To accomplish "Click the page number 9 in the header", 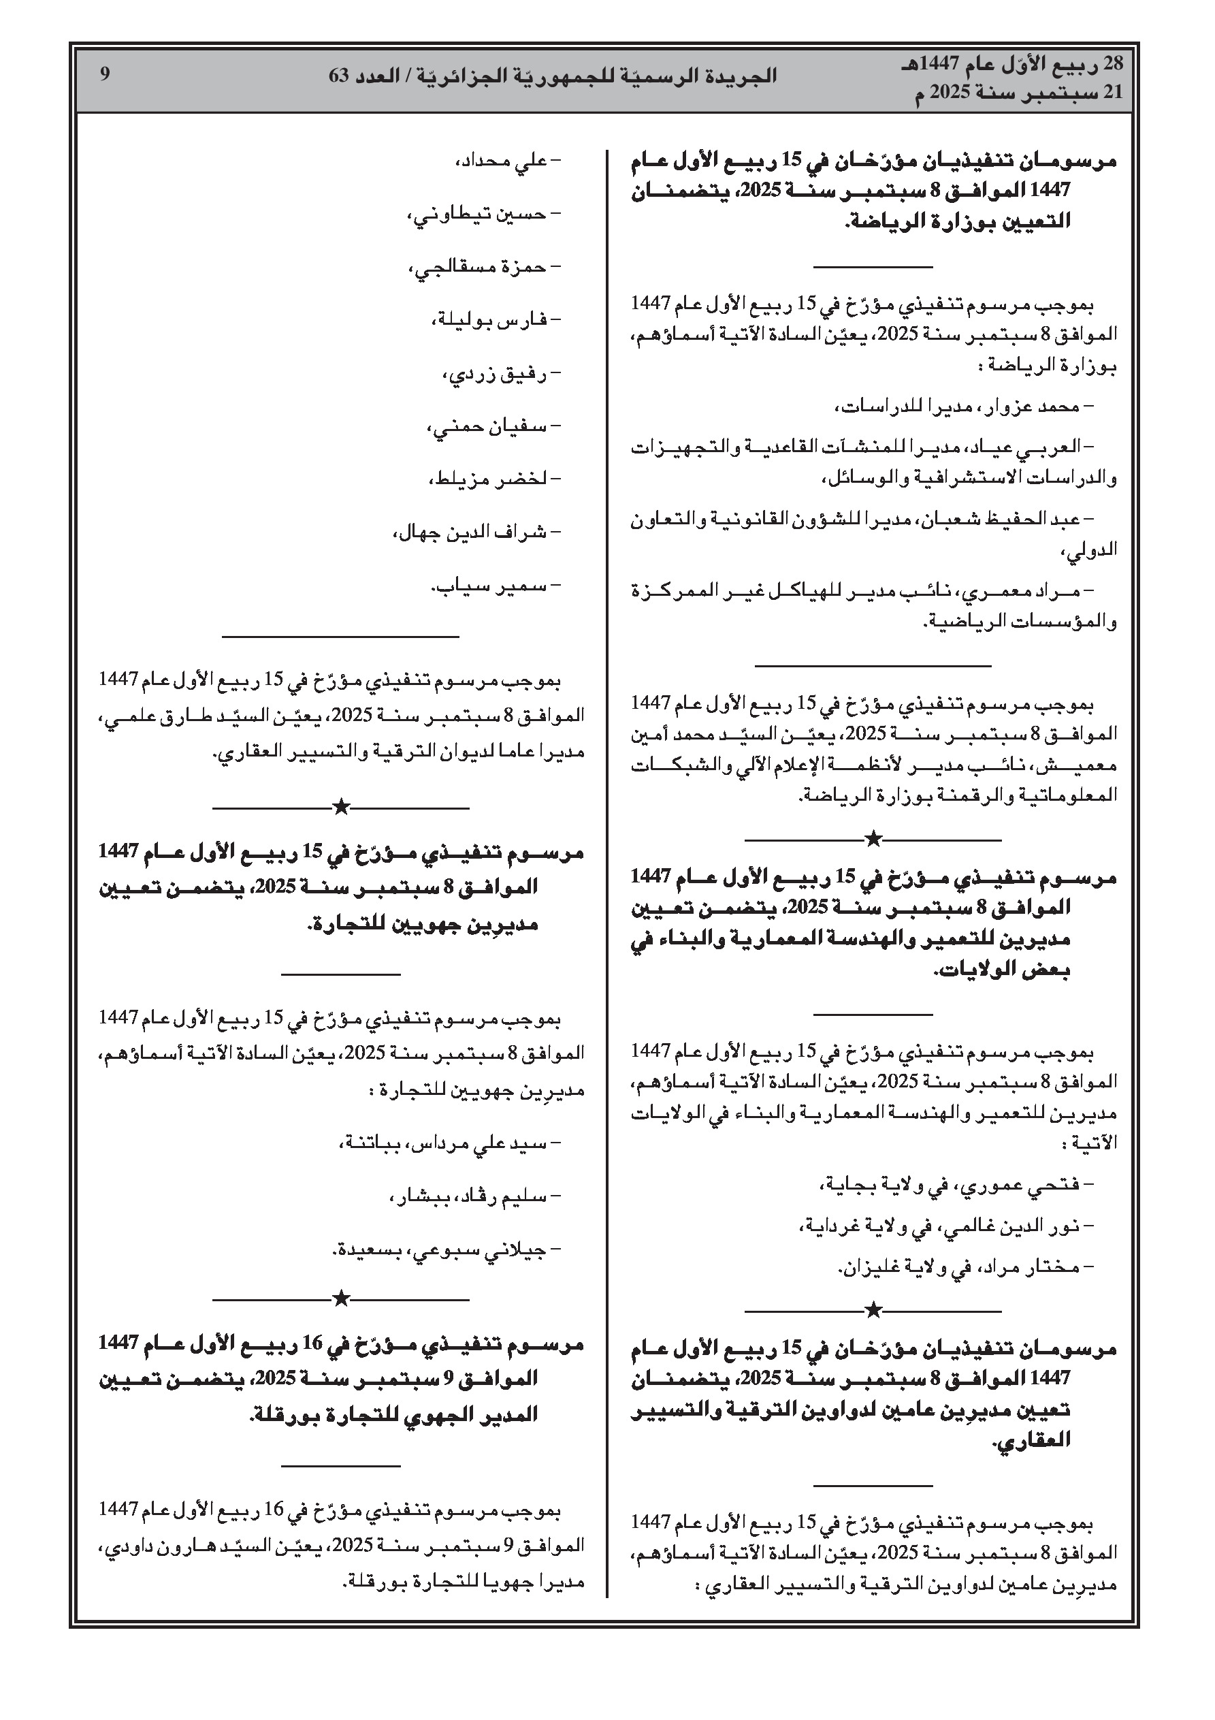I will coord(105,74).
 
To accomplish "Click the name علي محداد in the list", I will coord(501,161).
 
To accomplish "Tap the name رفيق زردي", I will coord(497,374).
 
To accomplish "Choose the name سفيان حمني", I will coord(487,427).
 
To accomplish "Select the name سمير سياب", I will coord(491,586).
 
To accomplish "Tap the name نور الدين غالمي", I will coord(1016,1226).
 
